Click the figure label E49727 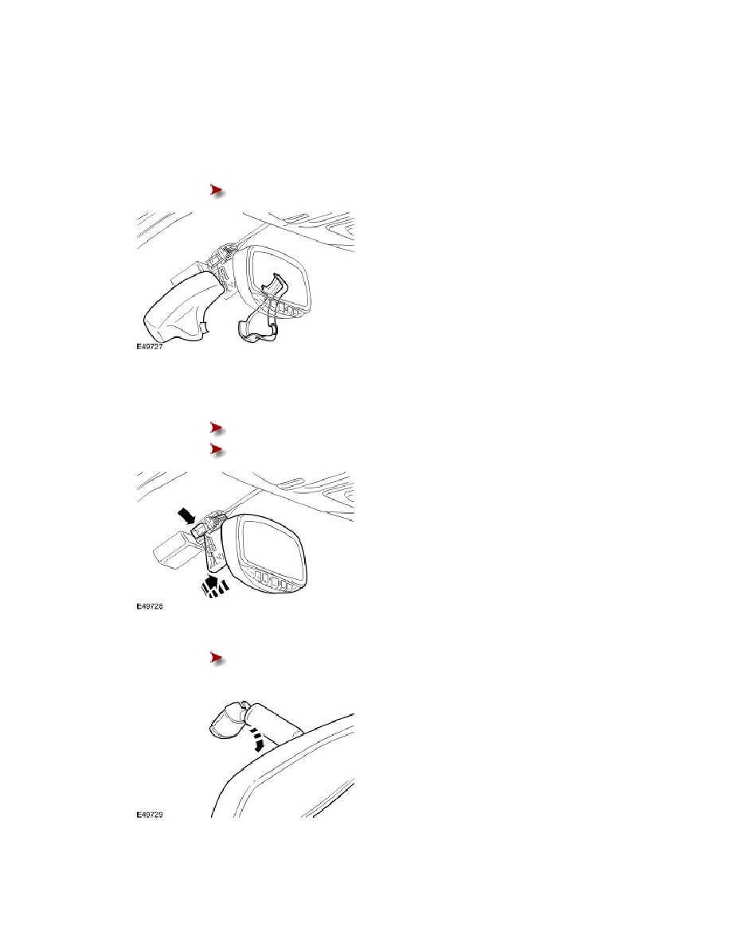click(x=149, y=347)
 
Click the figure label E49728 click(x=149, y=605)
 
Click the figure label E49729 click(x=149, y=815)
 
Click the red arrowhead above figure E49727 click(x=217, y=190)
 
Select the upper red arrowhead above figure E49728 click(x=217, y=428)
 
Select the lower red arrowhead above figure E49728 click(x=217, y=449)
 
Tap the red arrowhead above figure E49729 click(x=217, y=658)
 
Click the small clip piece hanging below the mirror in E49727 click(x=258, y=330)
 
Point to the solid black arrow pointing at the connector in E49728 click(x=187, y=515)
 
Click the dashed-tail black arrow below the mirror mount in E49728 click(x=213, y=585)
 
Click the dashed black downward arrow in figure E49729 click(x=259, y=741)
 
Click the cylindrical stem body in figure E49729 click(x=275, y=722)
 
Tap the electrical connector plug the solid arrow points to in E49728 click(x=201, y=531)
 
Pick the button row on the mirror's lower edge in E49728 click(x=276, y=583)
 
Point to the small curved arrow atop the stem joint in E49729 click(x=242, y=704)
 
